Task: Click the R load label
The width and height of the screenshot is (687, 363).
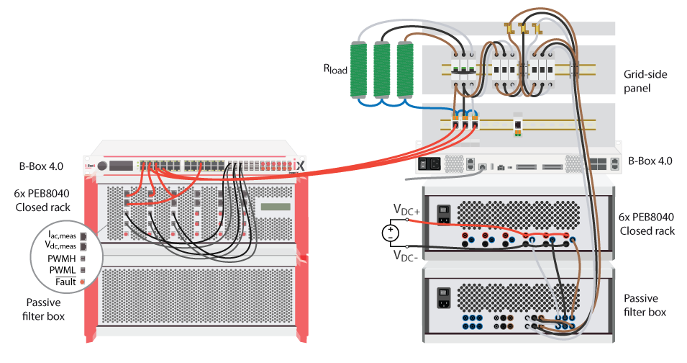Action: [335, 70]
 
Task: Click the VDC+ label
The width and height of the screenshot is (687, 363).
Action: [406, 210]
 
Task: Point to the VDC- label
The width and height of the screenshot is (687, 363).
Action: [406, 255]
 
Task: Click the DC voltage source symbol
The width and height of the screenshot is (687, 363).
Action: [389, 233]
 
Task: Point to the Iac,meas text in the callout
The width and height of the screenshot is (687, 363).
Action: [62, 235]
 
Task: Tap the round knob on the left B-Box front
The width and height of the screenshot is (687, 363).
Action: [102, 166]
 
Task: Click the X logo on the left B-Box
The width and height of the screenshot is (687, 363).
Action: [301, 166]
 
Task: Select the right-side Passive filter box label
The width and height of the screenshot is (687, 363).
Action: [645, 305]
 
